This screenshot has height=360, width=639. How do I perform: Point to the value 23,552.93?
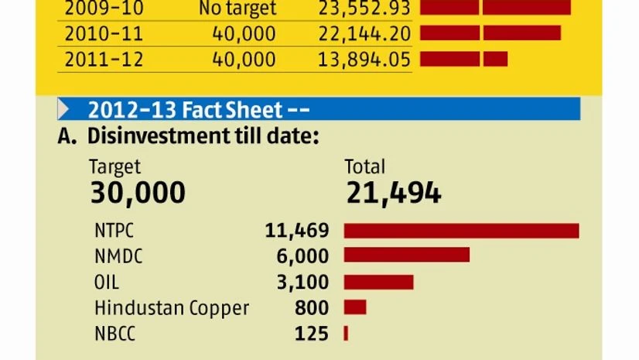coord(364,9)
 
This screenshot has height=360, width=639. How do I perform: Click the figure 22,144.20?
coord(364,34)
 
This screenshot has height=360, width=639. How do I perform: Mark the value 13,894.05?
coord(364,60)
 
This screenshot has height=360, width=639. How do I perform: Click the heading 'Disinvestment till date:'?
coord(203,136)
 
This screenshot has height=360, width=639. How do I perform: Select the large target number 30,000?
coord(138,193)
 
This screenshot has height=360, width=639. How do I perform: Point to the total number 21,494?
coord(394,193)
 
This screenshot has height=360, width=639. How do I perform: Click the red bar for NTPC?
coord(461,231)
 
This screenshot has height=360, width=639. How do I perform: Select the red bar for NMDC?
coord(406,255)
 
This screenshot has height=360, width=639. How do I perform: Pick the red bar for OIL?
coord(378,282)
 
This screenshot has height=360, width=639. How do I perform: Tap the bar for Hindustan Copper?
coord(355,307)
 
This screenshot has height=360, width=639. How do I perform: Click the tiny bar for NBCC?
coord(346,334)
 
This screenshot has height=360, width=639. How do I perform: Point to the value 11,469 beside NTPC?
coord(297,231)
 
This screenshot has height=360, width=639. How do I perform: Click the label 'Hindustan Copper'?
coord(172,307)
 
